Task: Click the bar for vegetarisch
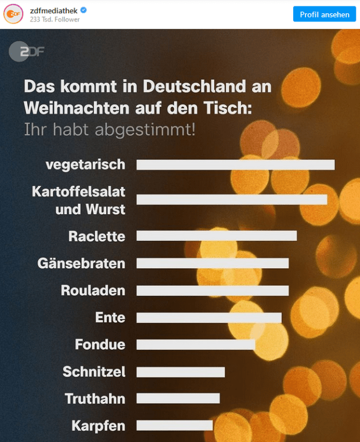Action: [x=235, y=164]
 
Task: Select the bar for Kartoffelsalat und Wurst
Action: [x=232, y=199]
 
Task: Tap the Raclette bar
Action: [x=217, y=235]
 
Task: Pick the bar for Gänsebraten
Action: [x=213, y=263]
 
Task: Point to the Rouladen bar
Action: [x=213, y=290]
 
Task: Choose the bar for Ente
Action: [x=209, y=318]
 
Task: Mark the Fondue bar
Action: [x=196, y=344]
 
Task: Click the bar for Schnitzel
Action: [x=181, y=372]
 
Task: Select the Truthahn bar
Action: [x=178, y=398]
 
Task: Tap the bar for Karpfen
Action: [x=175, y=426]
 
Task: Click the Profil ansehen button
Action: [x=325, y=14]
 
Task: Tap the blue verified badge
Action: [x=83, y=10]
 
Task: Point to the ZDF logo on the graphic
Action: [x=27, y=52]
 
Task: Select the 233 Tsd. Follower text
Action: [x=55, y=20]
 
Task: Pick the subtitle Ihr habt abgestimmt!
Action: [x=110, y=130]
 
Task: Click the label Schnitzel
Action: [x=94, y=372]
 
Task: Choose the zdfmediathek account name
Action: [x=54, y=10]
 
